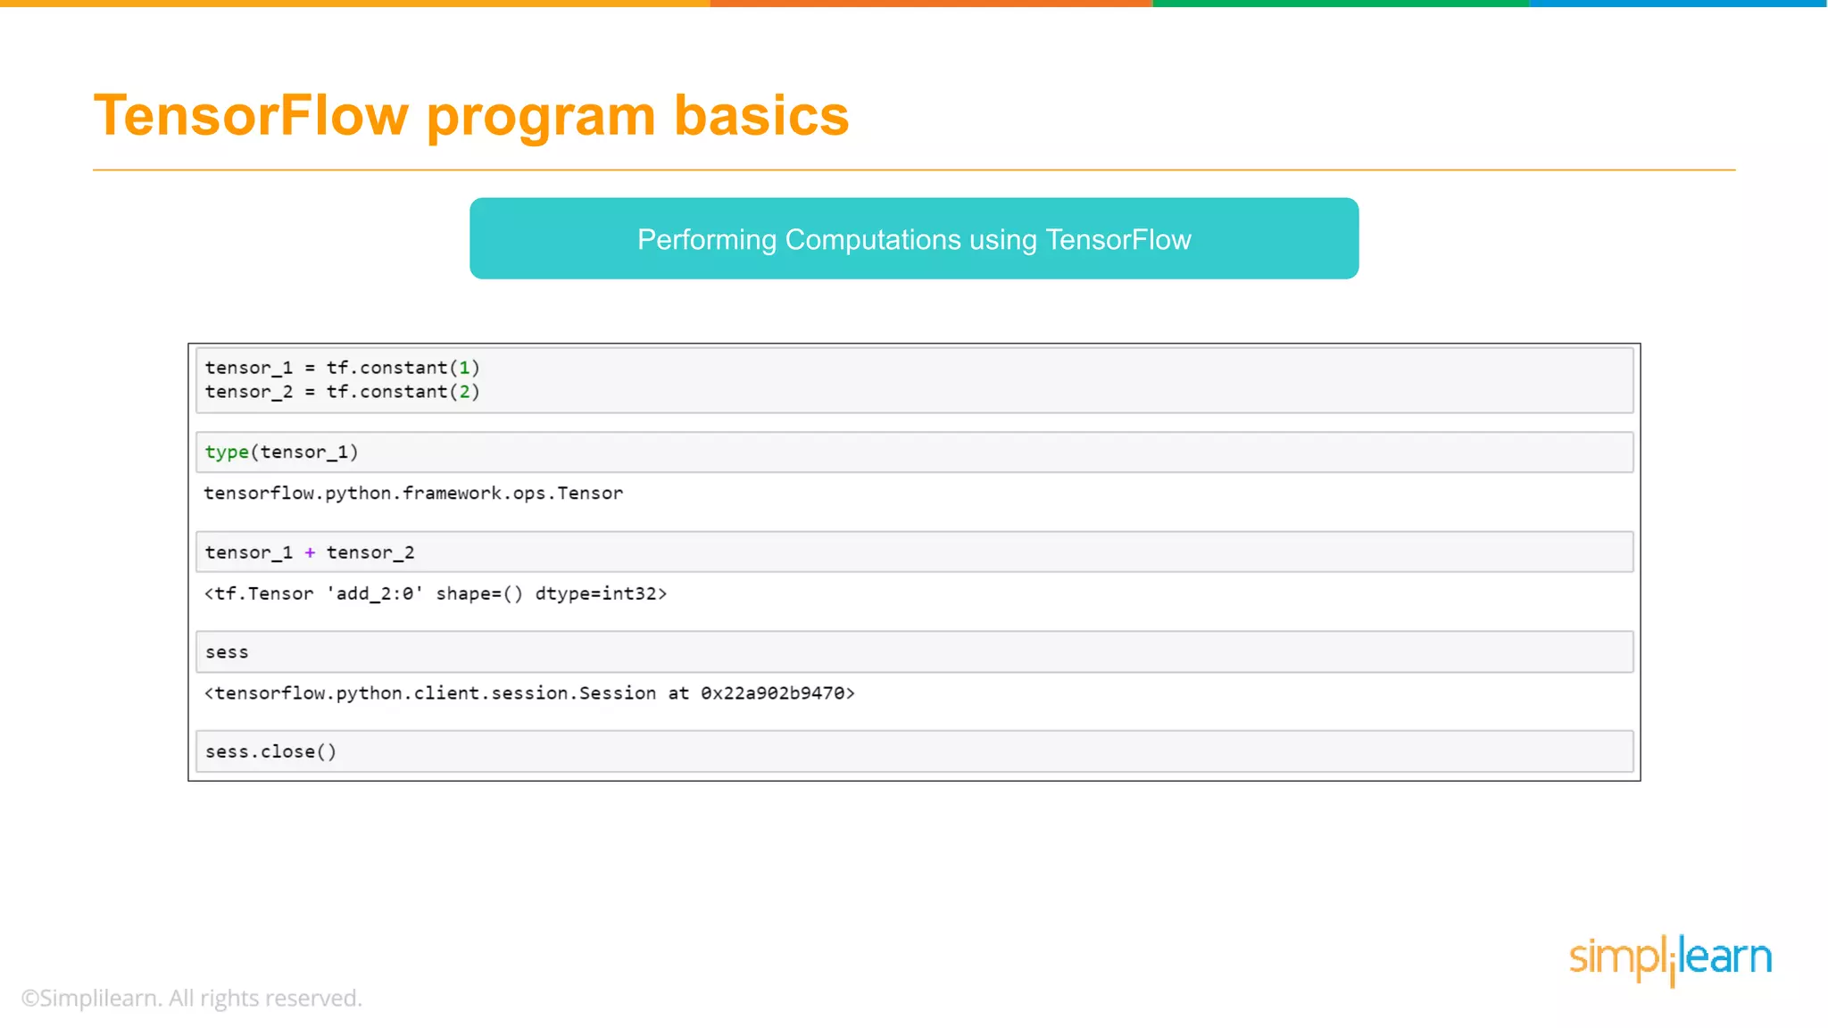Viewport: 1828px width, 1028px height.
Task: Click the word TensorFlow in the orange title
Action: [x=251, y=116]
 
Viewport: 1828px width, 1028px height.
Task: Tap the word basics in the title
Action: [x=760, y=116]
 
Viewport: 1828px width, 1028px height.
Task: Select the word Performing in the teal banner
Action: [x=706, y=240]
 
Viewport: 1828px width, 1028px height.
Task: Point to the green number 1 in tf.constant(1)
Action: [x=464, y=368]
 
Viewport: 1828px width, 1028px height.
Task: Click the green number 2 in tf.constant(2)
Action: [x=464, y=392]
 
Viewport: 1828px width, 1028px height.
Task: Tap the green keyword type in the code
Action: [x=227, y=452]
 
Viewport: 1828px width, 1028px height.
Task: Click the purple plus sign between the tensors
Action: [x=310, y=552]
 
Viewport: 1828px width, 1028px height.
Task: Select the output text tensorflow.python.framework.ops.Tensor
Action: [x=413, y=493]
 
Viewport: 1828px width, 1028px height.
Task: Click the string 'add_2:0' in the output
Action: [x=375, y=594]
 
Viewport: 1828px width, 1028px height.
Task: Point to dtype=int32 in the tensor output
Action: [x=595, y=594]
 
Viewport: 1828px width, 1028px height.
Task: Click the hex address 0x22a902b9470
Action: [x=772, y=693]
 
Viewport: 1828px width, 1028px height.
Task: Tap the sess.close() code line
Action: [x=270, y=752]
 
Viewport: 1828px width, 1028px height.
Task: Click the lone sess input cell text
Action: [x=227, y=653]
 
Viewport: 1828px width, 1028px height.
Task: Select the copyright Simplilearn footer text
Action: [x=192, y=998]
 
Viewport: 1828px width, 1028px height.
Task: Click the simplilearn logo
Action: [x=1670, y=958]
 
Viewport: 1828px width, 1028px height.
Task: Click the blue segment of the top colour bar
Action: [x=1678, y=4]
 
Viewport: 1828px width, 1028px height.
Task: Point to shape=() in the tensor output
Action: [x=479, y=594]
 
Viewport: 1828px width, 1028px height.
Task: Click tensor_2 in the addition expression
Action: [x=370, y=552]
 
